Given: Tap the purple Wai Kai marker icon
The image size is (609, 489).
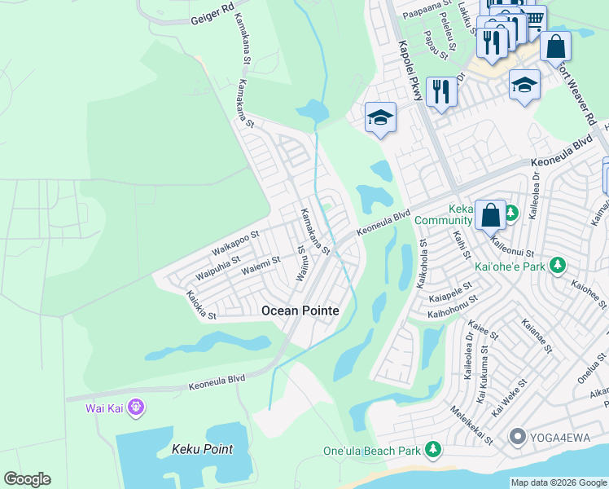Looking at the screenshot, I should pyautogui.click(x=135, y=406).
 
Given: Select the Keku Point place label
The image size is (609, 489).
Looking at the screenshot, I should pyautogui.click(x=202, y=449).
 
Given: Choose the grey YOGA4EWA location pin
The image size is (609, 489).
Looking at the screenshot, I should pyautogui.click(x=516, y=438).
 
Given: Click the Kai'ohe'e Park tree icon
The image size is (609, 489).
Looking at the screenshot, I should pyautogui.click(x=558, y=266).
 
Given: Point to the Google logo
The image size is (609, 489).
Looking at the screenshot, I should pyautogui.click(x=27, y=479).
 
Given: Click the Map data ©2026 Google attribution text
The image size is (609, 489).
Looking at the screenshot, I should pyautogui.click(x=558, y=482).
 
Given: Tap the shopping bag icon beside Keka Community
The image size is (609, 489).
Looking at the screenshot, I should pyautogui.click(x=491, y=217).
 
